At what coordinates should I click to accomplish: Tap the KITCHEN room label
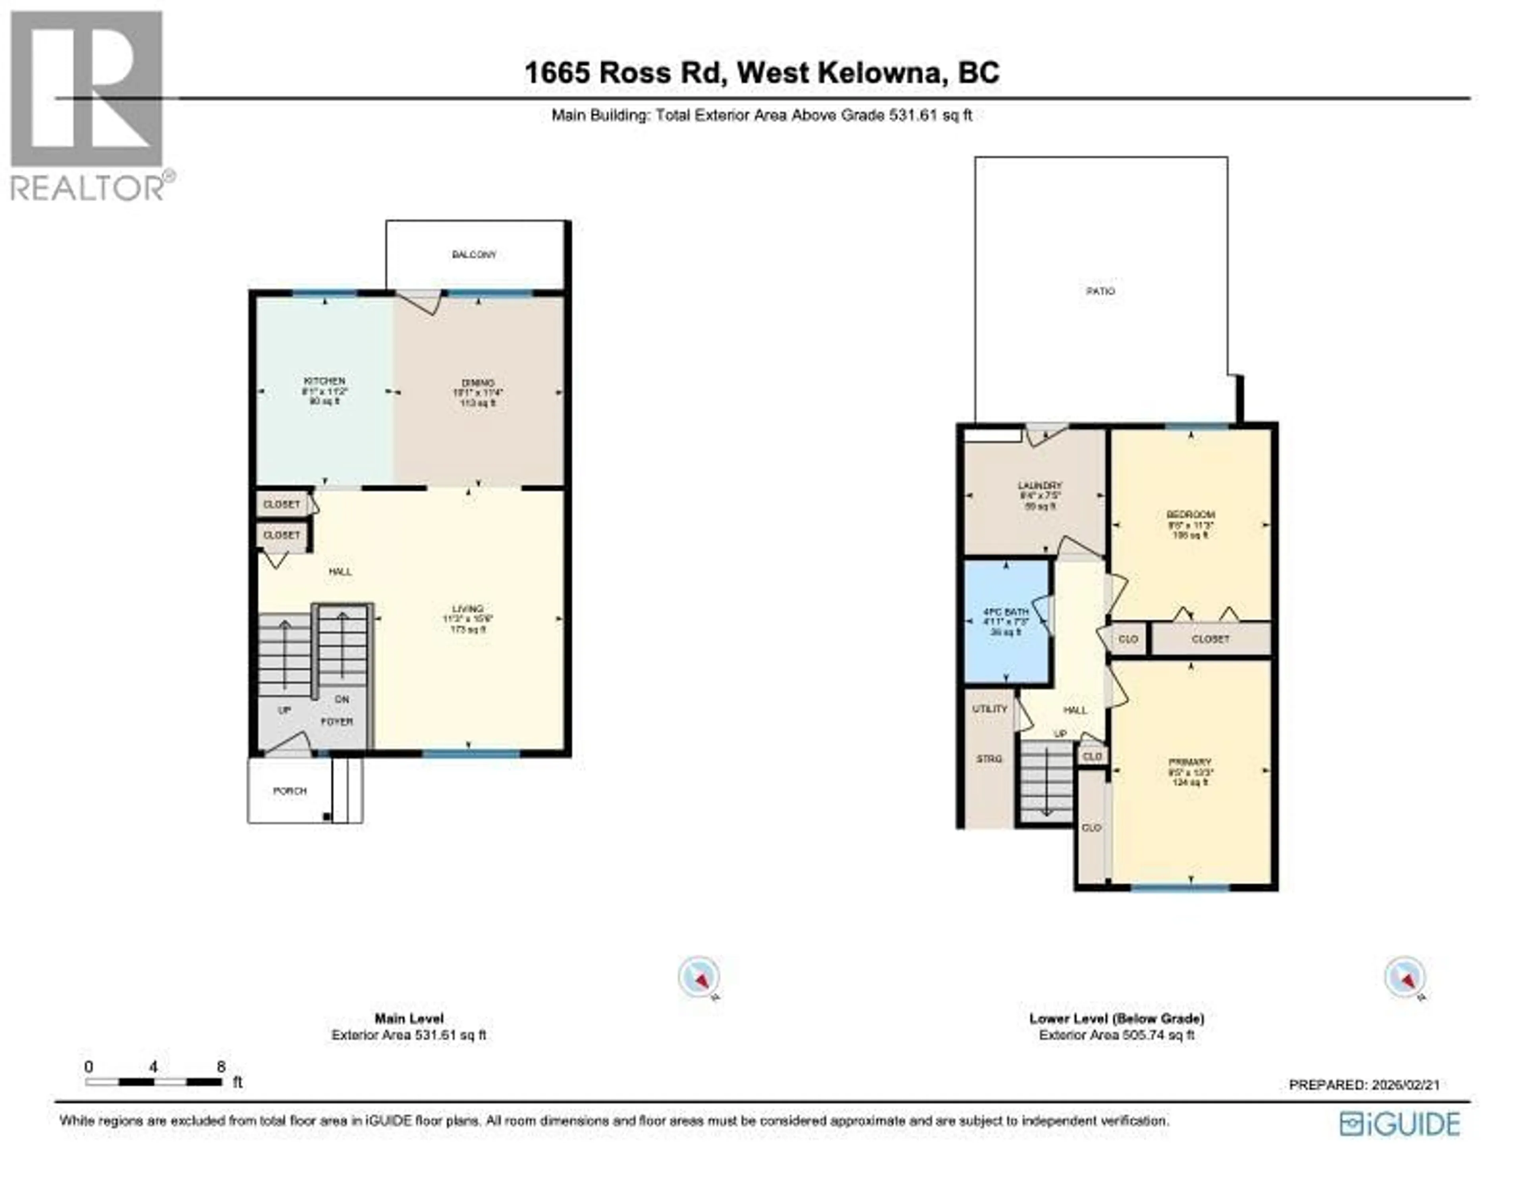click(324, 381)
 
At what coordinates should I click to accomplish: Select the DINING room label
click(478, 383)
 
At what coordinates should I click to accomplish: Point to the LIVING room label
click(467, 609)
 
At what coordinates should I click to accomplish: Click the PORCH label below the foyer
click(289, 791)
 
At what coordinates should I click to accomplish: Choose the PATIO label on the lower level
click(1100, 291)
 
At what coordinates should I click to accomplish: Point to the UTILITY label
click(989, 709)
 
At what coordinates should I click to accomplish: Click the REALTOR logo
click(89, 105)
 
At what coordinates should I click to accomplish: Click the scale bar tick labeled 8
click(221, 1067)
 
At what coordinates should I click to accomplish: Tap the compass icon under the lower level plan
click(1405, 977)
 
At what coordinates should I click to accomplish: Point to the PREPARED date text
click(1364, 1085)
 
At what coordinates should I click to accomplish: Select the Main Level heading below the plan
click(409, 1018)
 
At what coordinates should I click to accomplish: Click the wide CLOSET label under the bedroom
click(1210, 639)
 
